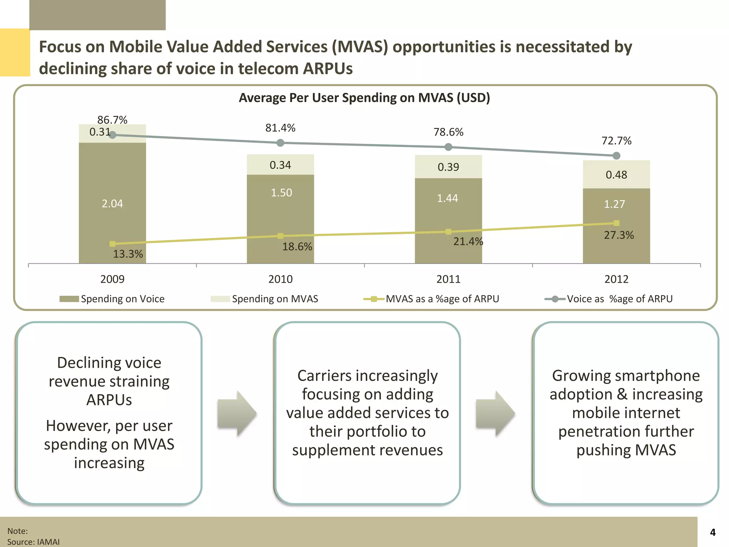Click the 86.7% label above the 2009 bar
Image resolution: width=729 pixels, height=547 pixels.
(112, 120)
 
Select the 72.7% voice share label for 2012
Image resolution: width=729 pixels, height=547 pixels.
(616, 141)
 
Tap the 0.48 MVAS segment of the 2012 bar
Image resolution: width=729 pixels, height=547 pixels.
(616, 174)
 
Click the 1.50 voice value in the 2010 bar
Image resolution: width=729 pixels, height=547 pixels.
(281, 193)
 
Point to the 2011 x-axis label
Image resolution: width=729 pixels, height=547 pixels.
(448, 279)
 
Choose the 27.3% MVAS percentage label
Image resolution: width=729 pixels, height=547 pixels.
(619, 235)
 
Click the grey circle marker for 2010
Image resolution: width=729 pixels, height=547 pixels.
(280, 143)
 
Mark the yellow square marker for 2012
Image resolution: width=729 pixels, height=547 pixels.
(617, 223)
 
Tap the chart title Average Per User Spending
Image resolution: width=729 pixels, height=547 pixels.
(364, 98)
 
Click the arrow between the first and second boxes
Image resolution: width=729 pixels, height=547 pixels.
(237, 413)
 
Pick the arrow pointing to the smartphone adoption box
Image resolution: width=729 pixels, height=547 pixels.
(495, 413)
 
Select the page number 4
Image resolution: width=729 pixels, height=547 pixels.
(713, 532)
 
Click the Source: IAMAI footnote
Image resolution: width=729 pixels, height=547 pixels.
(33, 542)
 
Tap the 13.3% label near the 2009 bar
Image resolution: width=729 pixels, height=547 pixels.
(128, 254)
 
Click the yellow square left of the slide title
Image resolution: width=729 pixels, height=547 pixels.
(15, 52)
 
